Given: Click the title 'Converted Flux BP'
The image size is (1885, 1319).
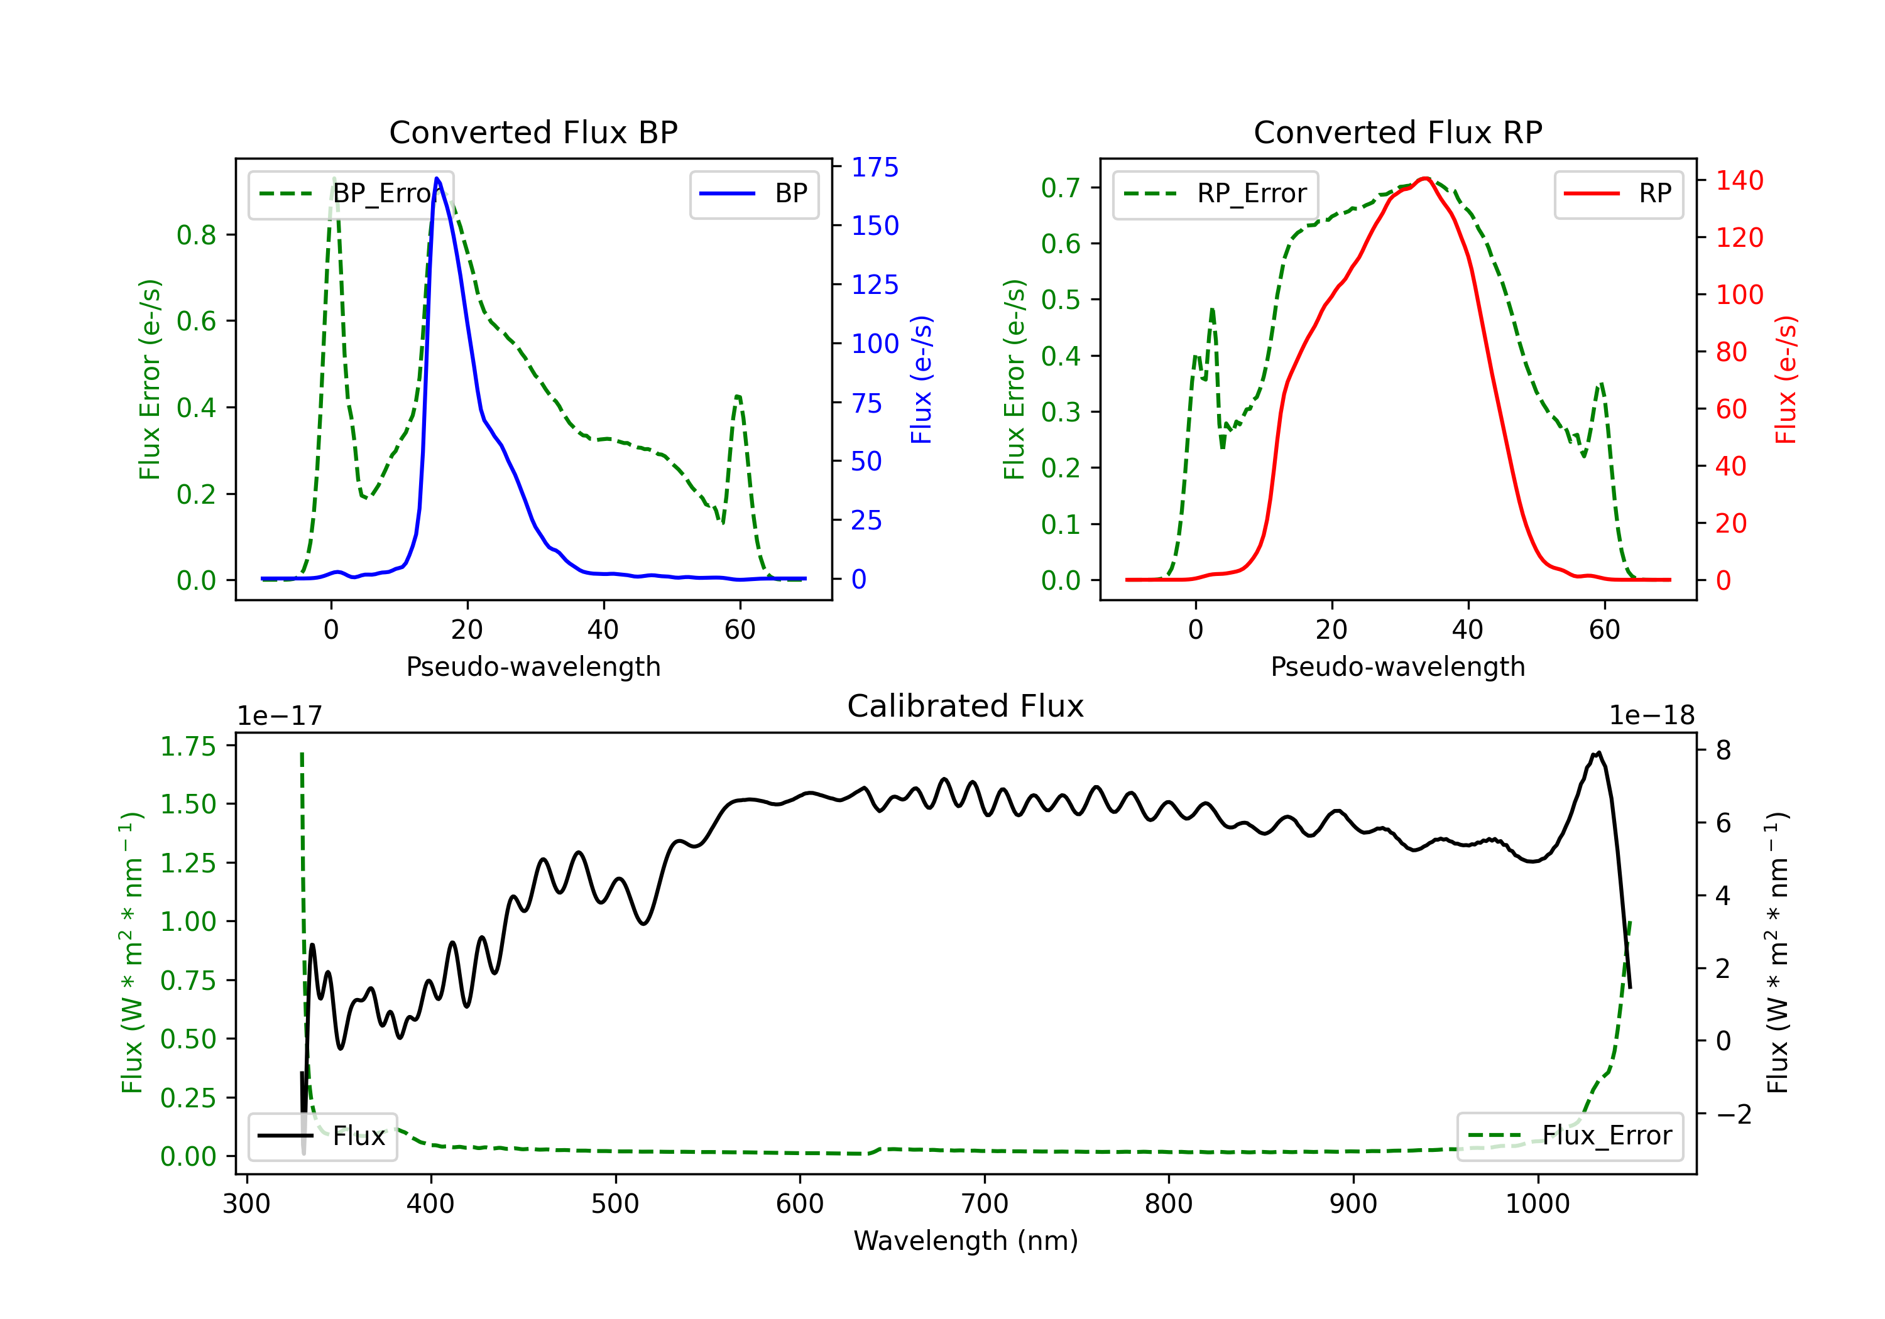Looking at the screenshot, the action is tap(533, 132).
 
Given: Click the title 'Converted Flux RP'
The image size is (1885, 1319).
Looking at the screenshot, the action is tap(1397, 132).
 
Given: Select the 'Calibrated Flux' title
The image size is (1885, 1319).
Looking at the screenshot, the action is tap(966, 706).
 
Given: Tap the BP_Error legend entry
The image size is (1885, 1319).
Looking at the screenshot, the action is tap(351, 193).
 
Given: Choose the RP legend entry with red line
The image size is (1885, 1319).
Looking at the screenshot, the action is tap(1618, 193).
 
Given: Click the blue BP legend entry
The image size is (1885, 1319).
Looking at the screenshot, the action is tap(753, 193).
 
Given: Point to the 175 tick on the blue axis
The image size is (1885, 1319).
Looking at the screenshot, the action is tap(875, 168).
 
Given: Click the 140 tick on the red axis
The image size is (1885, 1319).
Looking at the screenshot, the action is tap(1739, 180).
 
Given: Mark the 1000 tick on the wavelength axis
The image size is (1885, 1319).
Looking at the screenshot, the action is tap(1537, 1204).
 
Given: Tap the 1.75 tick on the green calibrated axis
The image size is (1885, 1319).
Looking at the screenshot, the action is tap(188, 746).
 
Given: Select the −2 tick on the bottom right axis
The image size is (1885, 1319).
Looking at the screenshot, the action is tap(1732, 1114).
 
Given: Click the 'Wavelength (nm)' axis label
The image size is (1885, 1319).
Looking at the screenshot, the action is tap(966, 1241).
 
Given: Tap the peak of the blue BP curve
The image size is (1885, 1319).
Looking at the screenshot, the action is tap(437, 178).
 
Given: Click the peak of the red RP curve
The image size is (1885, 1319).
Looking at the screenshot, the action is tap(1425, 178).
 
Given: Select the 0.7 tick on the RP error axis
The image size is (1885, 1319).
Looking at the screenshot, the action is tap(1060, 187).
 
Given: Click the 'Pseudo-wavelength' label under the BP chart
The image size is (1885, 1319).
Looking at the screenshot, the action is tap(533, 666).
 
